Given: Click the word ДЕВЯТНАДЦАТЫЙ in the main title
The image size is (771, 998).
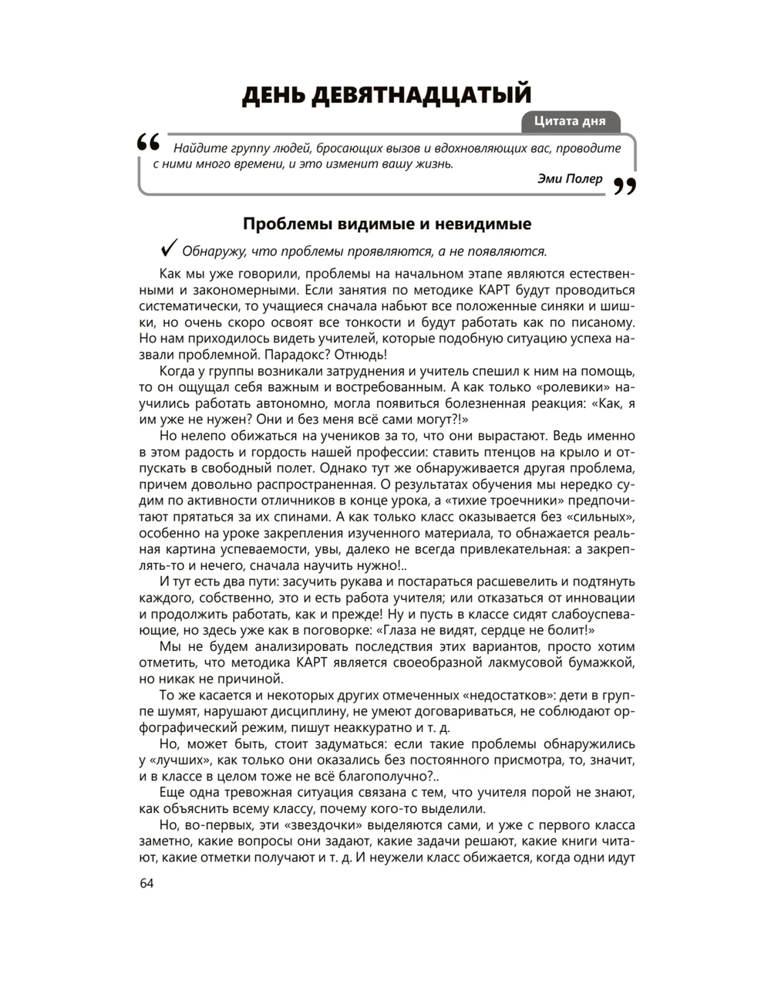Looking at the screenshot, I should pyautogui.click(x=422, y=95).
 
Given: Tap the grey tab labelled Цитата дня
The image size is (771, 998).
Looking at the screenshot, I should pyautogui.click(x=571, y=121).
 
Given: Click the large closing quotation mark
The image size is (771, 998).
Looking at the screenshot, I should pyautogui.click(x=625, y=186).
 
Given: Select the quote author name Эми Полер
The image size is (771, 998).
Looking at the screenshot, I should pyautogui.click(x=570, y=179).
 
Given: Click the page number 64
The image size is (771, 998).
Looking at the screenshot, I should pyautogui.click(x=146, y=884).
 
